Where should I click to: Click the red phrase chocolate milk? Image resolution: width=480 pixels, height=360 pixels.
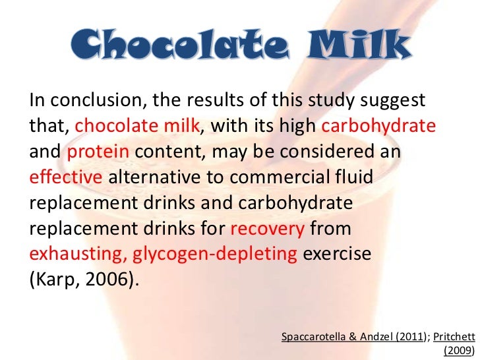coord(136,127)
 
